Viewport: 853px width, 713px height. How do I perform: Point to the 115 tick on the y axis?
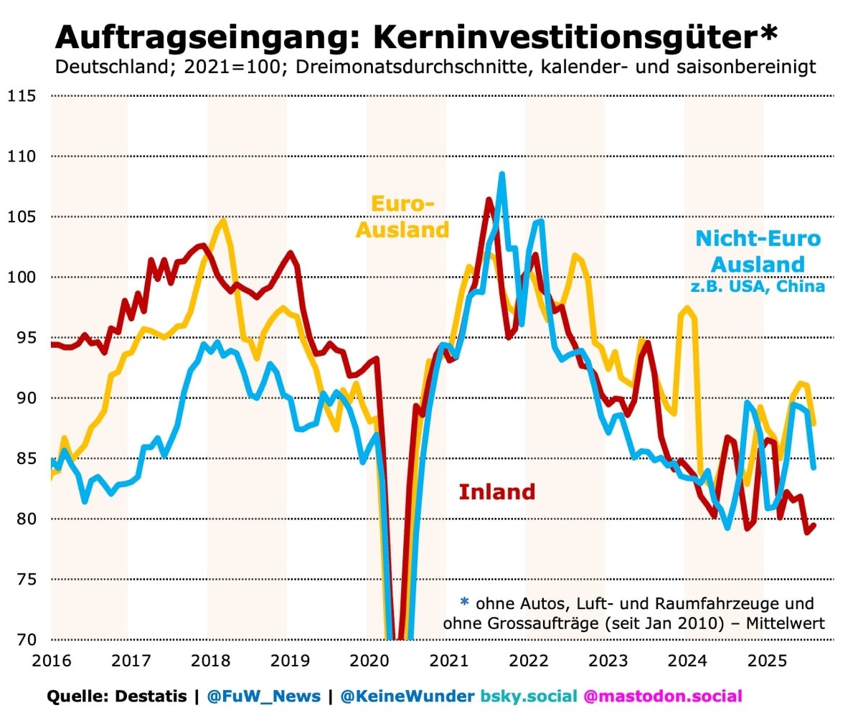[x=22, y=95]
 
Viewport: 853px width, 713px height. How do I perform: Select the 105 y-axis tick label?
[x=22, y=217]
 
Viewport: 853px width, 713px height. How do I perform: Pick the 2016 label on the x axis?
[x=50, y=659]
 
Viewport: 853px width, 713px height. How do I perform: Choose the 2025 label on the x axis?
[x=764, y=659]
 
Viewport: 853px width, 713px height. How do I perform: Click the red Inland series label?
[x=496, y=492]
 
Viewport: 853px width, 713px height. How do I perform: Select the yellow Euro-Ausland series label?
[x=403, y=217]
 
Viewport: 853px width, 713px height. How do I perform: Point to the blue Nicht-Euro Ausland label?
[x=757, y=250]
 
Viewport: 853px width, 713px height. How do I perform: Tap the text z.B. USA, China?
[x=758, y=286]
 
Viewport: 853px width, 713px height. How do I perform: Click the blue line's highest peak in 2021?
[x=501, y=174]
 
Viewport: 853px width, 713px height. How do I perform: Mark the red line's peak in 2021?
[x=489, y=200]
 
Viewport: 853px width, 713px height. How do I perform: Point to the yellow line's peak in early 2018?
[x=223, y=221]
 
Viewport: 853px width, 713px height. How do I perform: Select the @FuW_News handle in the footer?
[x=263, y=696]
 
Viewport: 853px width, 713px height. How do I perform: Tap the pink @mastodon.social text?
[x=662, y=696]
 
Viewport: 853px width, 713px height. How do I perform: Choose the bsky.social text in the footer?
[x=529, y=696]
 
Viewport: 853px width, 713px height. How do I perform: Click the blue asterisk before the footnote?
[x=463, y=602]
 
